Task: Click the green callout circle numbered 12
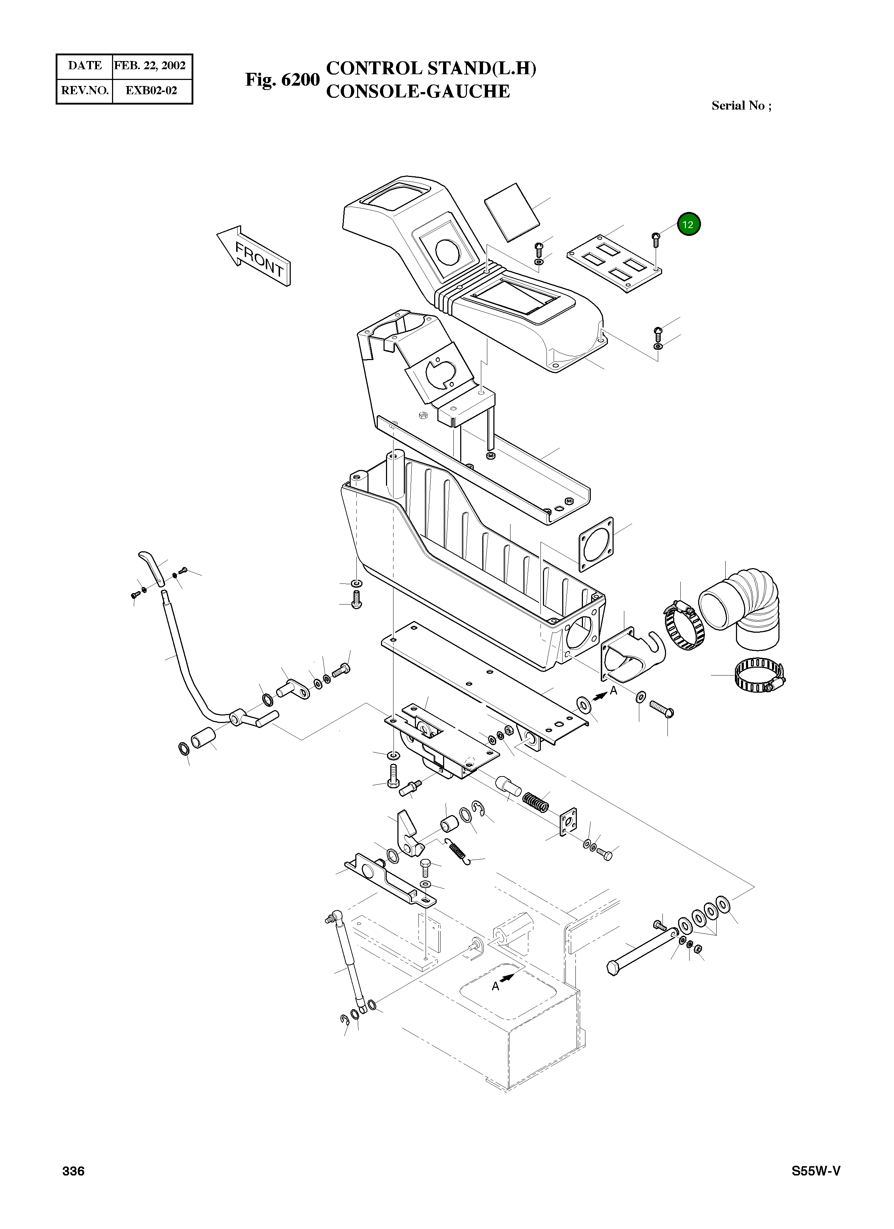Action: coord(688,224)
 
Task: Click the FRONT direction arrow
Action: coord(254,256)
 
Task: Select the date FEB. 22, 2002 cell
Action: coord(150,66)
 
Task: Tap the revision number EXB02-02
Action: coord(151,91)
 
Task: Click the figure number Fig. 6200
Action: coord(282,80)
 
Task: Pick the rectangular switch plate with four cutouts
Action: coord(616,263)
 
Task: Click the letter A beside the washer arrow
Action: coord(613,691)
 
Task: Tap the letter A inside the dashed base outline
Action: coord(495,986)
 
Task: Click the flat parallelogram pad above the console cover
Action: coord(512,211)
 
